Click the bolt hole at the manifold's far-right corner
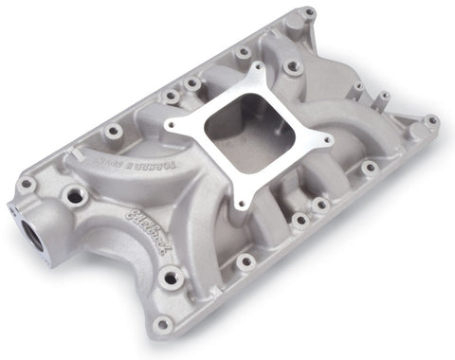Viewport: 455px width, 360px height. [x=431, y=121]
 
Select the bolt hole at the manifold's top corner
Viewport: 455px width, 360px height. [x=310, y=12]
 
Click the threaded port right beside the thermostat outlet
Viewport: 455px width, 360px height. [x=72, y=196]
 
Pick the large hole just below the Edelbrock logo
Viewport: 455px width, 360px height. [x=171, y=279]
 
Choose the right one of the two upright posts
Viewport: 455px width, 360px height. [x=386, y=99]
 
